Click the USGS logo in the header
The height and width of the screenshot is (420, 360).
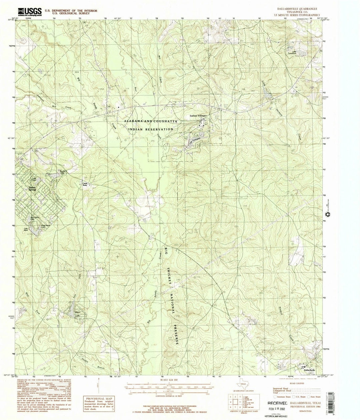(x=30, y=12)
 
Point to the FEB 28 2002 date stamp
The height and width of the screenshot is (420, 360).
(x=278, y=409)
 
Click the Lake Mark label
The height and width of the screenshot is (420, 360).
(x=26, y=229)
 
